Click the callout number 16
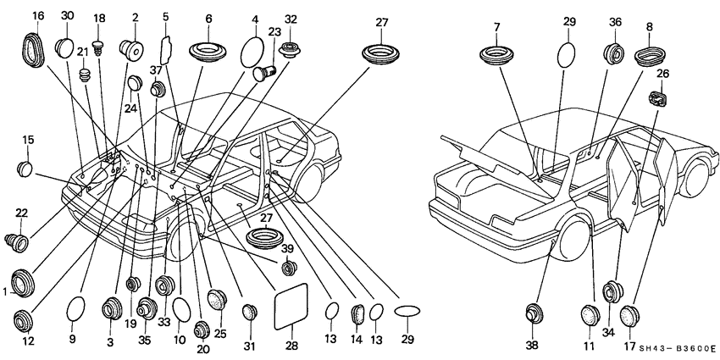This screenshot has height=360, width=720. tap(38, 16)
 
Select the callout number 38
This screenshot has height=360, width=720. tap(532, 345)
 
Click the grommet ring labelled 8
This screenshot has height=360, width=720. tap(651, 56)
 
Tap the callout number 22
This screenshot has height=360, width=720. tap(22, 212)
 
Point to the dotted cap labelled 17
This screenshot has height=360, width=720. tap(628, 316)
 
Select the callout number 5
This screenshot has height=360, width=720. tap(165, 16)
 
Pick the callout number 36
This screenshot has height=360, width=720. tap(616, 22)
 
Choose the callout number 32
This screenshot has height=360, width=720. tap(291, 19)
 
